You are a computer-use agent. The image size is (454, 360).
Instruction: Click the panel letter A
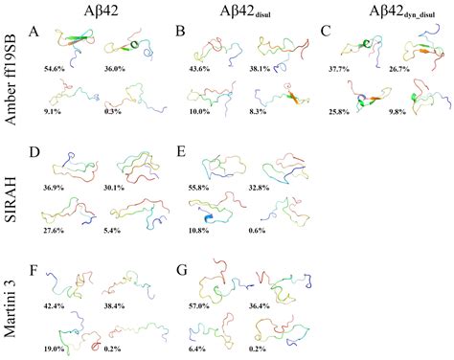(34, 32)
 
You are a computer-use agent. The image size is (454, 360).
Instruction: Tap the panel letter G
(181, 256)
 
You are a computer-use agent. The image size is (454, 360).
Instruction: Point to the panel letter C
(327, 32)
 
